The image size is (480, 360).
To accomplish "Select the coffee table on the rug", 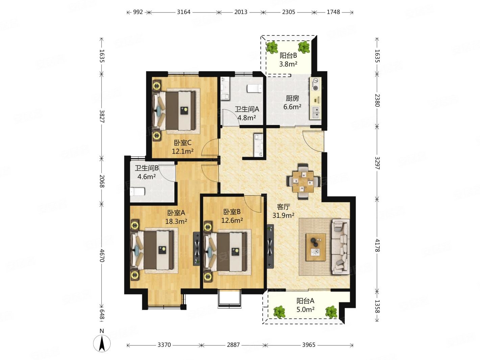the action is coord(316,247).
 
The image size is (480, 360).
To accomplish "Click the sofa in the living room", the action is coord(340,247).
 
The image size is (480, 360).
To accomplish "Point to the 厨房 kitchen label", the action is coord(292,98).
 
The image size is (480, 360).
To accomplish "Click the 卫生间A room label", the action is coord(247,109).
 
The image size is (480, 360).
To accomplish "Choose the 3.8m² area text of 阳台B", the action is coord(288,64).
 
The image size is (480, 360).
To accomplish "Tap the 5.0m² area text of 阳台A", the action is coord(305,309).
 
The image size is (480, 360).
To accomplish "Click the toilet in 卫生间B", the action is coord(137,191).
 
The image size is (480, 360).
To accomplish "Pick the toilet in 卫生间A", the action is coord(254,88).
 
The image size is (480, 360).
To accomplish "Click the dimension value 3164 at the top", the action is coord(184,12).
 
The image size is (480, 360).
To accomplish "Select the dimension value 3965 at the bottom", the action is coord(309,345).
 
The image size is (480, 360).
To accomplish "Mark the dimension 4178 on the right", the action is coord(377,245).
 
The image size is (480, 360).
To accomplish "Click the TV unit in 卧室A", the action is coord(197,249).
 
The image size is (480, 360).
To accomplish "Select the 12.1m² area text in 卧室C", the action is coord(183,151).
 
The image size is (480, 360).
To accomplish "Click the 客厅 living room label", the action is coord(283,206).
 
